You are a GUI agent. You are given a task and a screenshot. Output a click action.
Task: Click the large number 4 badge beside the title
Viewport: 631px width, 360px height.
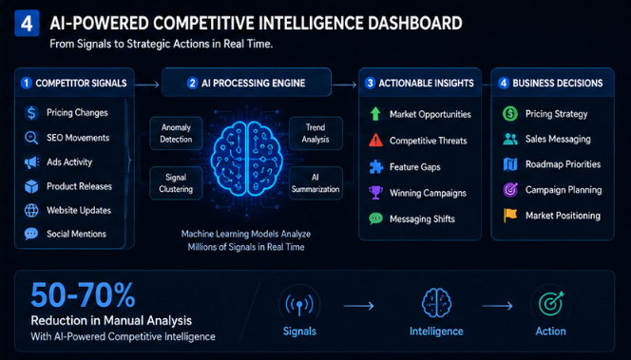click(27, 24)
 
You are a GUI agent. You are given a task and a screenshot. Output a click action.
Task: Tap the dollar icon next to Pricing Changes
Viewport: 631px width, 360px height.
click(31, 113)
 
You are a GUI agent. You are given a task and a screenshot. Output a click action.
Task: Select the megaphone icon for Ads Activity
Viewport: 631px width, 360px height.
click(31, 162)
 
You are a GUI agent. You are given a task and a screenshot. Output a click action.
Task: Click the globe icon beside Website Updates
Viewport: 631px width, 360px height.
click(31, 210)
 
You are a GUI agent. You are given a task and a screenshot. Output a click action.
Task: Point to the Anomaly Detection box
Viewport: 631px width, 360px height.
click(176, 133)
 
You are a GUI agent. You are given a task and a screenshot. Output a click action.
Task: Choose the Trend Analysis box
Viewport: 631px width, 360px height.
click(315, 133)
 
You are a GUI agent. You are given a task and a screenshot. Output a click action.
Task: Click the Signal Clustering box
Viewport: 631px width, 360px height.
click(176, 183)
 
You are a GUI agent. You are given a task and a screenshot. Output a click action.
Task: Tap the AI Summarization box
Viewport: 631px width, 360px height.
click(315, 183)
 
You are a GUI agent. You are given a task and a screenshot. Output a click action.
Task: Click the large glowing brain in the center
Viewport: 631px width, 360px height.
click(246, 158)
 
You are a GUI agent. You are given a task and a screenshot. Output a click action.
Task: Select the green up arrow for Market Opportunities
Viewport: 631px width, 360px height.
click(375, 114)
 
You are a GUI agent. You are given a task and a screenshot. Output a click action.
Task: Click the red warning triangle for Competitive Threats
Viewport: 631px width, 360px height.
click(375, 140)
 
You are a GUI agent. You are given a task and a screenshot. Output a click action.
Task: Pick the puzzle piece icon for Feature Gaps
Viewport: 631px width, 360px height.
click(376, 166)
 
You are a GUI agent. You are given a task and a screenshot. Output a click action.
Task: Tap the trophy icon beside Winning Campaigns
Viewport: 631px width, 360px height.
click(375, 192)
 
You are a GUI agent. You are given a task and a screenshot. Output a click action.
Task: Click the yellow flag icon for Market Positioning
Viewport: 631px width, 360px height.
click(510, 216)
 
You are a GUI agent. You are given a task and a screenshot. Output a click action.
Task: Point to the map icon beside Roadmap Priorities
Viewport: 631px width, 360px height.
click(510, 164)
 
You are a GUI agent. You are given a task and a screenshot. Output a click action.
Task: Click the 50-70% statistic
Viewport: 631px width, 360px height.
click(83, 294)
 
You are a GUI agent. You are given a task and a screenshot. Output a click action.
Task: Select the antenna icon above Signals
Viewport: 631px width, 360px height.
click(299, 305)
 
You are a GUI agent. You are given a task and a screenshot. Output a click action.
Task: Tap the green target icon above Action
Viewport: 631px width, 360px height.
click(551, 303)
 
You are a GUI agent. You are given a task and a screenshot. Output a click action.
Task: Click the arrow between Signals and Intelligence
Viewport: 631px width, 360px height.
click(358, 306)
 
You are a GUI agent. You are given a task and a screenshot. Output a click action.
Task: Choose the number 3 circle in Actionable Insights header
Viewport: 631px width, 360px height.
click(370, 83)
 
